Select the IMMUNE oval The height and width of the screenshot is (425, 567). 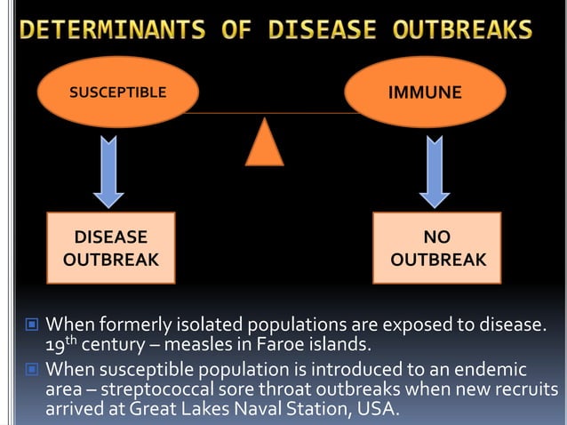pos(425,92)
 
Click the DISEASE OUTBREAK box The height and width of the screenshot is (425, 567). pos(111,249)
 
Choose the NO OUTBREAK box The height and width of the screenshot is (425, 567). pos(437,249)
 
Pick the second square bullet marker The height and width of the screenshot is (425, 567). pos(32,369)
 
